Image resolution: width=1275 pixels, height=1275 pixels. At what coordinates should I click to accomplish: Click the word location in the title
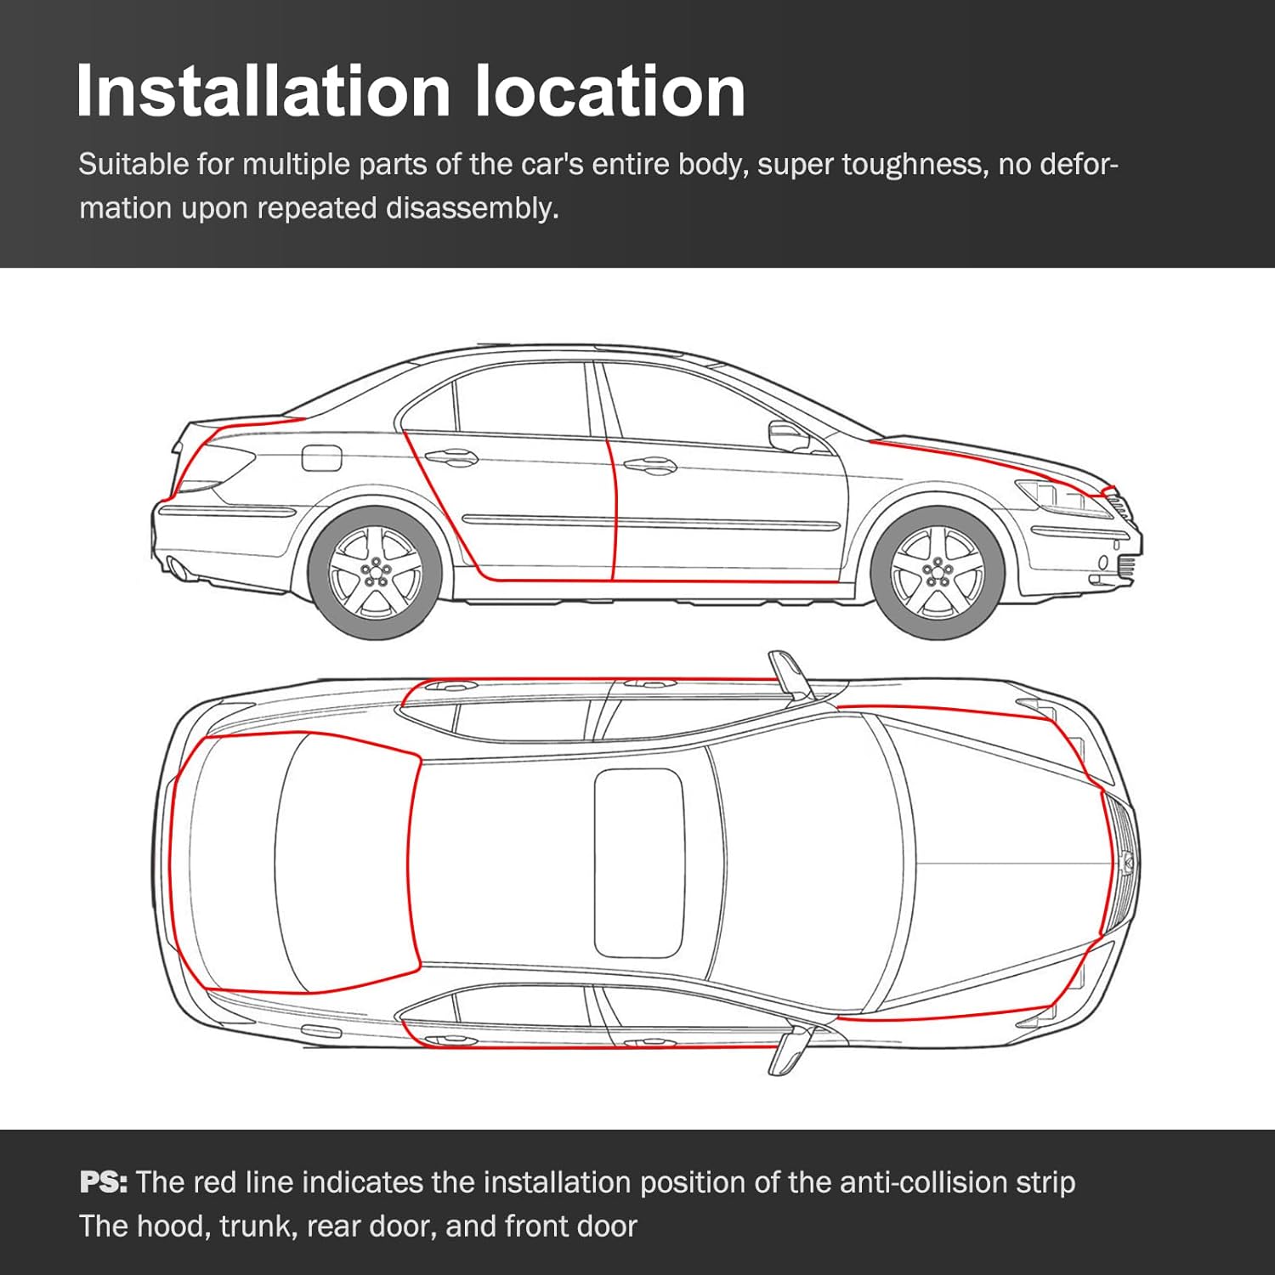pos(609,91)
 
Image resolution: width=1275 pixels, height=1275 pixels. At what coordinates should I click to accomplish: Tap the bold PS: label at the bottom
pos(103,1182)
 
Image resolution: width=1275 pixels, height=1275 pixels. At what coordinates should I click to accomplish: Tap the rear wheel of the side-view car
pos(375,573)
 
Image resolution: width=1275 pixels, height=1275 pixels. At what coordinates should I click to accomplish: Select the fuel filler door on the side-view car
pos(322,458)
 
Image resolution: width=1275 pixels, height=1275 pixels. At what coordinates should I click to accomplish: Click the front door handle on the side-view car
pos(650,465)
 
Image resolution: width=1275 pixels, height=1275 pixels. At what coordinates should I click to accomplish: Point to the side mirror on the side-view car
pos(788,436)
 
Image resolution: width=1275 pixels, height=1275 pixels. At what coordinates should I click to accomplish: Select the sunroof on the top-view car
pos(639,863)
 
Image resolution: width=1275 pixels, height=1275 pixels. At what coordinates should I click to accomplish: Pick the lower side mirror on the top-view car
pos(788,1051)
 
